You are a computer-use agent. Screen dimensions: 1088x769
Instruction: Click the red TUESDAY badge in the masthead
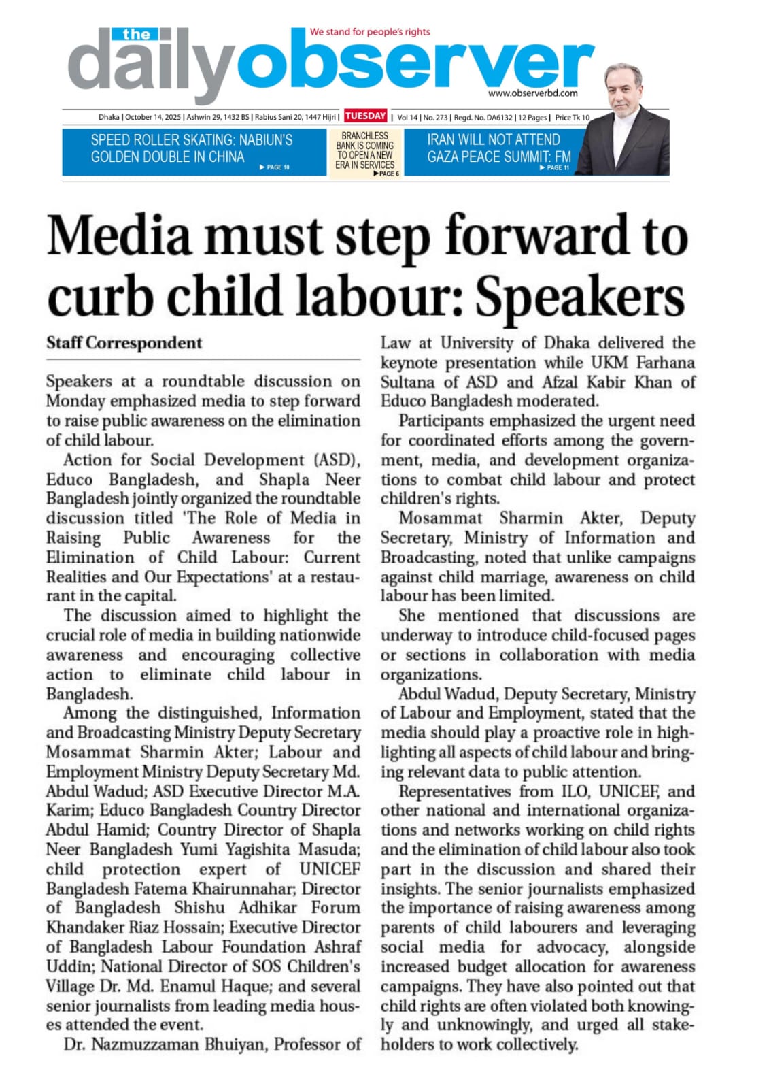pos(365,116)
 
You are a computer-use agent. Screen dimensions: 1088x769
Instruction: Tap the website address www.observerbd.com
pos(532,93)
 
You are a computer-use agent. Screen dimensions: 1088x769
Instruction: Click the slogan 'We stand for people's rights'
pos(370,31)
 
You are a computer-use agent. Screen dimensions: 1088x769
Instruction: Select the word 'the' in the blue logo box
pos(137,34)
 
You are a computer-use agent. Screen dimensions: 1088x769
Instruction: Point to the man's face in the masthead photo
pos(625,88)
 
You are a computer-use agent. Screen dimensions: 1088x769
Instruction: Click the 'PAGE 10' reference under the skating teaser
pos(275,167)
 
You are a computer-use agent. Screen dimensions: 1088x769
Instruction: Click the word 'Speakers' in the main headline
pos(579,297)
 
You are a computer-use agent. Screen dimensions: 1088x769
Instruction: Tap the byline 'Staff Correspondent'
pos(124,343)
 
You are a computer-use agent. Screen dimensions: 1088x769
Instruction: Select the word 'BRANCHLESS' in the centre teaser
pos(364,136)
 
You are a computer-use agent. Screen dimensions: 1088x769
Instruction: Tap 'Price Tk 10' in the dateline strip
pos(573,118)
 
